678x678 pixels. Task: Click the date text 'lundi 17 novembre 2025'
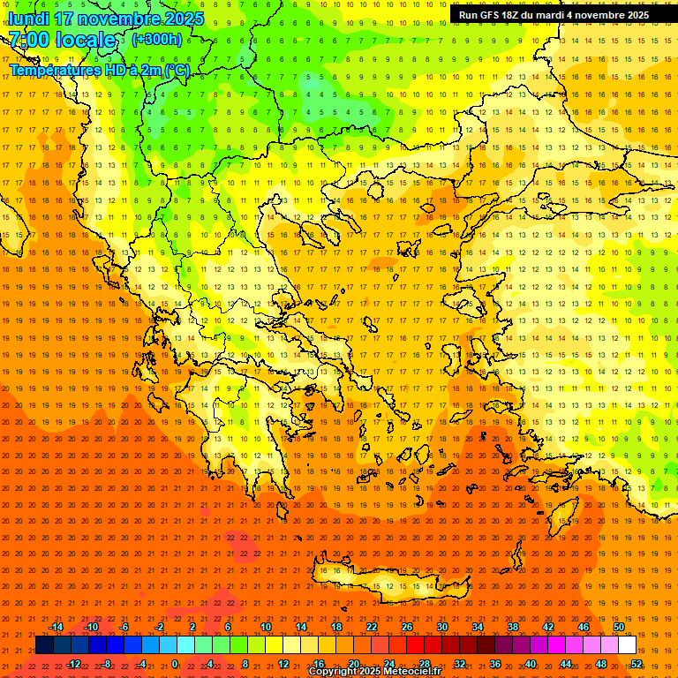[x=106, y=19]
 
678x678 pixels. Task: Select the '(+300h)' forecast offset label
[x=157, y=39]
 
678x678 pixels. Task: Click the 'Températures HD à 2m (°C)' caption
[x=100, y=70]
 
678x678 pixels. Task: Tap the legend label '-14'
[x=56, y=627]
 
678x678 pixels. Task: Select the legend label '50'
[x=618, y=627]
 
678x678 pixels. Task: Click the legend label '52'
[x=637, y=664]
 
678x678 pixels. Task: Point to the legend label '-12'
[x=74, y=664]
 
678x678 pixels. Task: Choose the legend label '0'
[x=175, y=664]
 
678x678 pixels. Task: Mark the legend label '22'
[x=372, y=627]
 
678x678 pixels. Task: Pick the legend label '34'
[x=478, y=627]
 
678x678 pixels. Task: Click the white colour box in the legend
[x=627, y=645]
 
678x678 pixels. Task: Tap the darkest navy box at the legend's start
[x=44, y=645]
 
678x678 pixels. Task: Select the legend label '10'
[x=266, y=627]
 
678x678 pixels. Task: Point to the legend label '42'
[x=548, y=627]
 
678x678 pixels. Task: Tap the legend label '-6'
[x=124, y=627]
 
